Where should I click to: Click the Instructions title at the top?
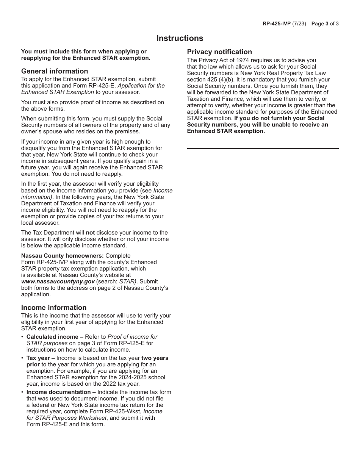180,38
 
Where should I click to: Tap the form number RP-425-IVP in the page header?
276,23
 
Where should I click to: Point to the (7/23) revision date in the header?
299,23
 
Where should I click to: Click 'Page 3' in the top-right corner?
320,23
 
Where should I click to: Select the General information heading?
55,71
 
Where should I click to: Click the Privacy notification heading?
219,52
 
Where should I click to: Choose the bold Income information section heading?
54,308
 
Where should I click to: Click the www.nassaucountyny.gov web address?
58,281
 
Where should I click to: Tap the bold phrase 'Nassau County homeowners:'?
63,256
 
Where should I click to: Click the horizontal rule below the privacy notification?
263,148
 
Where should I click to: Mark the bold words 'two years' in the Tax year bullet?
155,358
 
